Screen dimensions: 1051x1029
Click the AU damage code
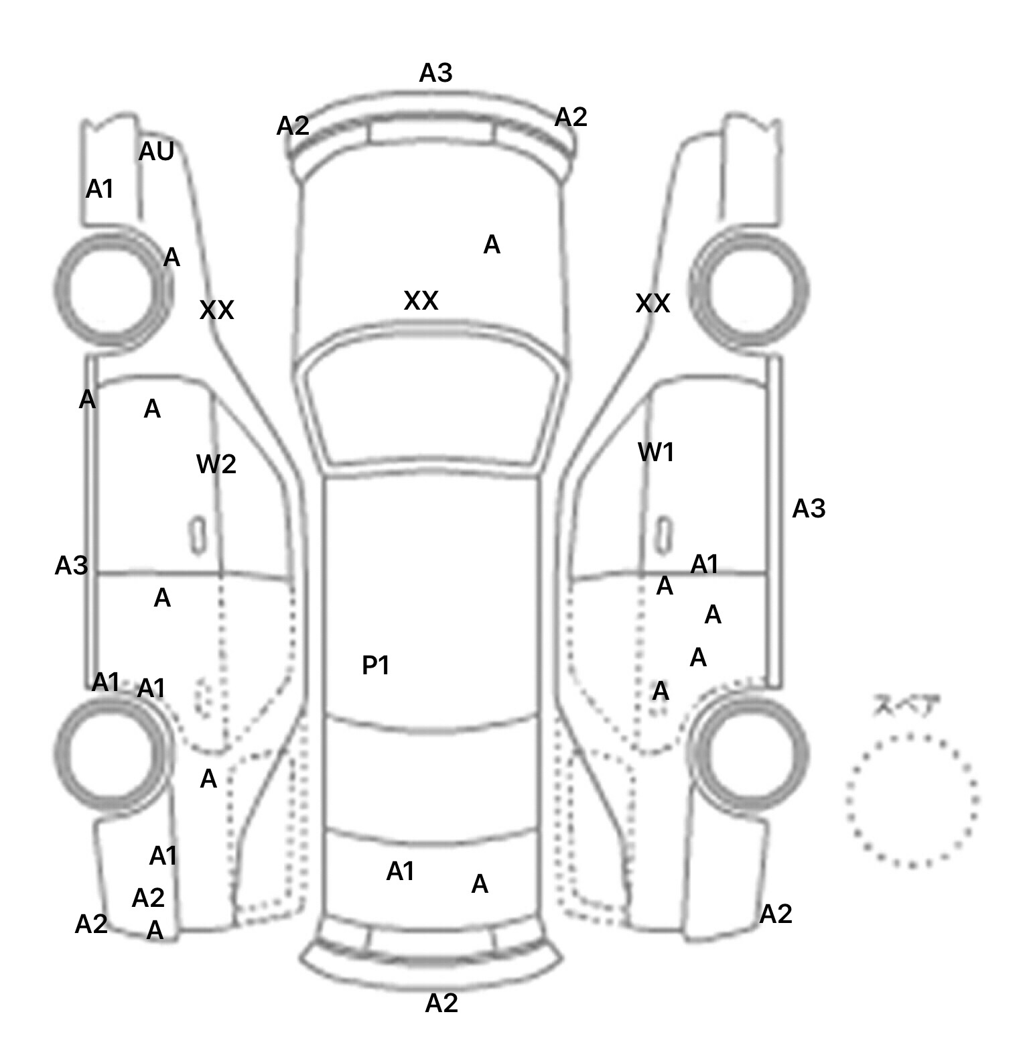(x=156, y=152)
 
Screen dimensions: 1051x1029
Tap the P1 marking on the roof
(x=376, y=666)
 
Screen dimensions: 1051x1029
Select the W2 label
(x=216, y=464)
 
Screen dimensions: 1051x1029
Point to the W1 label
(x=656, y=453)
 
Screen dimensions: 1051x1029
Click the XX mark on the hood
(x=421, y=301)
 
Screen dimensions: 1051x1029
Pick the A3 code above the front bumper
(x=435, y=72)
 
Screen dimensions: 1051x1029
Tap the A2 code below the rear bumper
(x=441, y=1003)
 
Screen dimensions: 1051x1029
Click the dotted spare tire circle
(x=911, y=800)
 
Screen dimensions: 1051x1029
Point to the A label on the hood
(x=492, y=245)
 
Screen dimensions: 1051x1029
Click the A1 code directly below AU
(x=100, y=190)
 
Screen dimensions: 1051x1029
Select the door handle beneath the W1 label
(x=663, y=535)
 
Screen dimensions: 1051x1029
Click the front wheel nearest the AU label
(x=111, y=290)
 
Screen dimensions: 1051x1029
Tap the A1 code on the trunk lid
(x=401, y=871)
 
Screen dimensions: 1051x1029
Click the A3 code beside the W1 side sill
(x=809, y=509)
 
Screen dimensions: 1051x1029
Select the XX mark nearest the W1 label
(x=653, y=304)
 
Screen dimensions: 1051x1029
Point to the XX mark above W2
(x=217, y=310)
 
